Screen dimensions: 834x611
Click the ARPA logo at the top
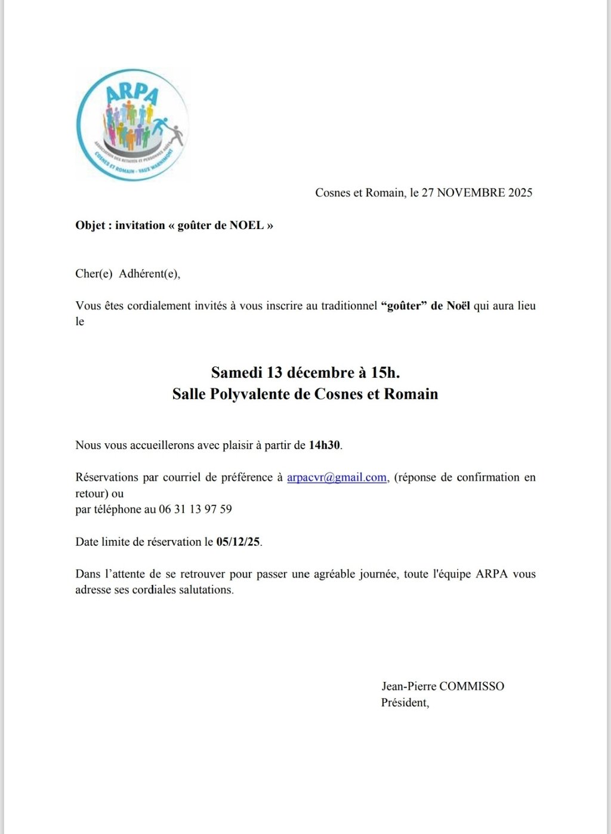pos(132,124)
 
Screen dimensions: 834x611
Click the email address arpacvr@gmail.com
pos(337,477)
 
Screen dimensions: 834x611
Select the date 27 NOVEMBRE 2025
pos(477,193)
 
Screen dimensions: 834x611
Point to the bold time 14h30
pos(325,445)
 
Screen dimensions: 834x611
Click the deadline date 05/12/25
pos(238,542)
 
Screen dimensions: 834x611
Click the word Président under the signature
pos(404,702)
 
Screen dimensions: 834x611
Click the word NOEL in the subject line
pos(246,226)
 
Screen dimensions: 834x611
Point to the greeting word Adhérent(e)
pos(149,274)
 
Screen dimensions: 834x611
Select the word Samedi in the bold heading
pos(236,373)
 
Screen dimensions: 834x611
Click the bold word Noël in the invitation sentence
pos(458,306)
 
